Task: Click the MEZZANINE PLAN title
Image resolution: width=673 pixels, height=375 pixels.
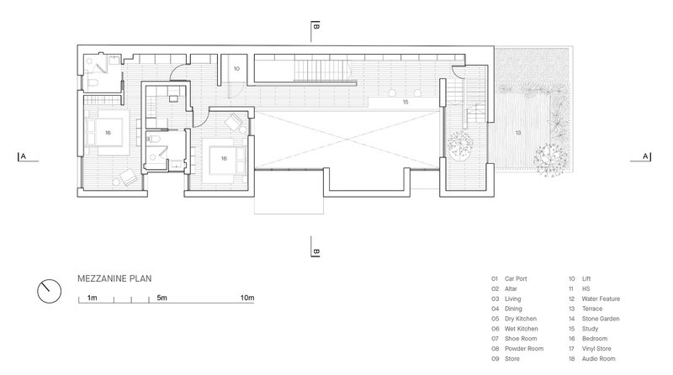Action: click(114, 278)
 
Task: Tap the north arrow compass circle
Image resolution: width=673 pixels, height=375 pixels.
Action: click(50, 291)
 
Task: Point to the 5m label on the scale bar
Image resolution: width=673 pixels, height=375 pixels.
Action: click(162, 298)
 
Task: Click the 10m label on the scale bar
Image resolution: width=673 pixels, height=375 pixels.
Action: click(247, 298)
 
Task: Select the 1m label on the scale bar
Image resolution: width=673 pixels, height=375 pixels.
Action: click(92, 298)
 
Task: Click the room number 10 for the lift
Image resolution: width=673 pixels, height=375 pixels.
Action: click(236, 69)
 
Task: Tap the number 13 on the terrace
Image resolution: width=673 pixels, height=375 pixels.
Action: click(518, 133)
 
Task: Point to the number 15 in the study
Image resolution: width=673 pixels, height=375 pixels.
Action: click(405, 102)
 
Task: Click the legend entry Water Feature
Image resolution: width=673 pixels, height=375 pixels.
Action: click(601, 298)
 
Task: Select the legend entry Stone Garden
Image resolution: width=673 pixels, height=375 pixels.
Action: click(601, 319)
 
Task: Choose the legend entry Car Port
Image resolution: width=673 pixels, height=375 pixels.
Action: click(516, 278)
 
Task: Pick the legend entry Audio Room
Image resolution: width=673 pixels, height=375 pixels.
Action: click(598, 359)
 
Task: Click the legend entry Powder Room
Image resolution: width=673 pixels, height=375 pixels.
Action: click(524, 349)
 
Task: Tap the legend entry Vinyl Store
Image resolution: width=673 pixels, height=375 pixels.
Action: click(596, 349)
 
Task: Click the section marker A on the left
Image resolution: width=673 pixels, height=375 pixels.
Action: click(24, 156)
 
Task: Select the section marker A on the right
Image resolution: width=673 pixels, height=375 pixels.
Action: click(645, 156)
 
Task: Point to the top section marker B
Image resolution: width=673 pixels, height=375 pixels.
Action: click(315, 27)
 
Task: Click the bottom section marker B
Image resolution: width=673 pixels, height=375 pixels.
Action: click(315, 251)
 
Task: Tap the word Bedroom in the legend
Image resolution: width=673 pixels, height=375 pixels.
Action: click(595, 339)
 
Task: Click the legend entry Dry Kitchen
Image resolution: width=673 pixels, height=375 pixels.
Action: click(521, 319)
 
